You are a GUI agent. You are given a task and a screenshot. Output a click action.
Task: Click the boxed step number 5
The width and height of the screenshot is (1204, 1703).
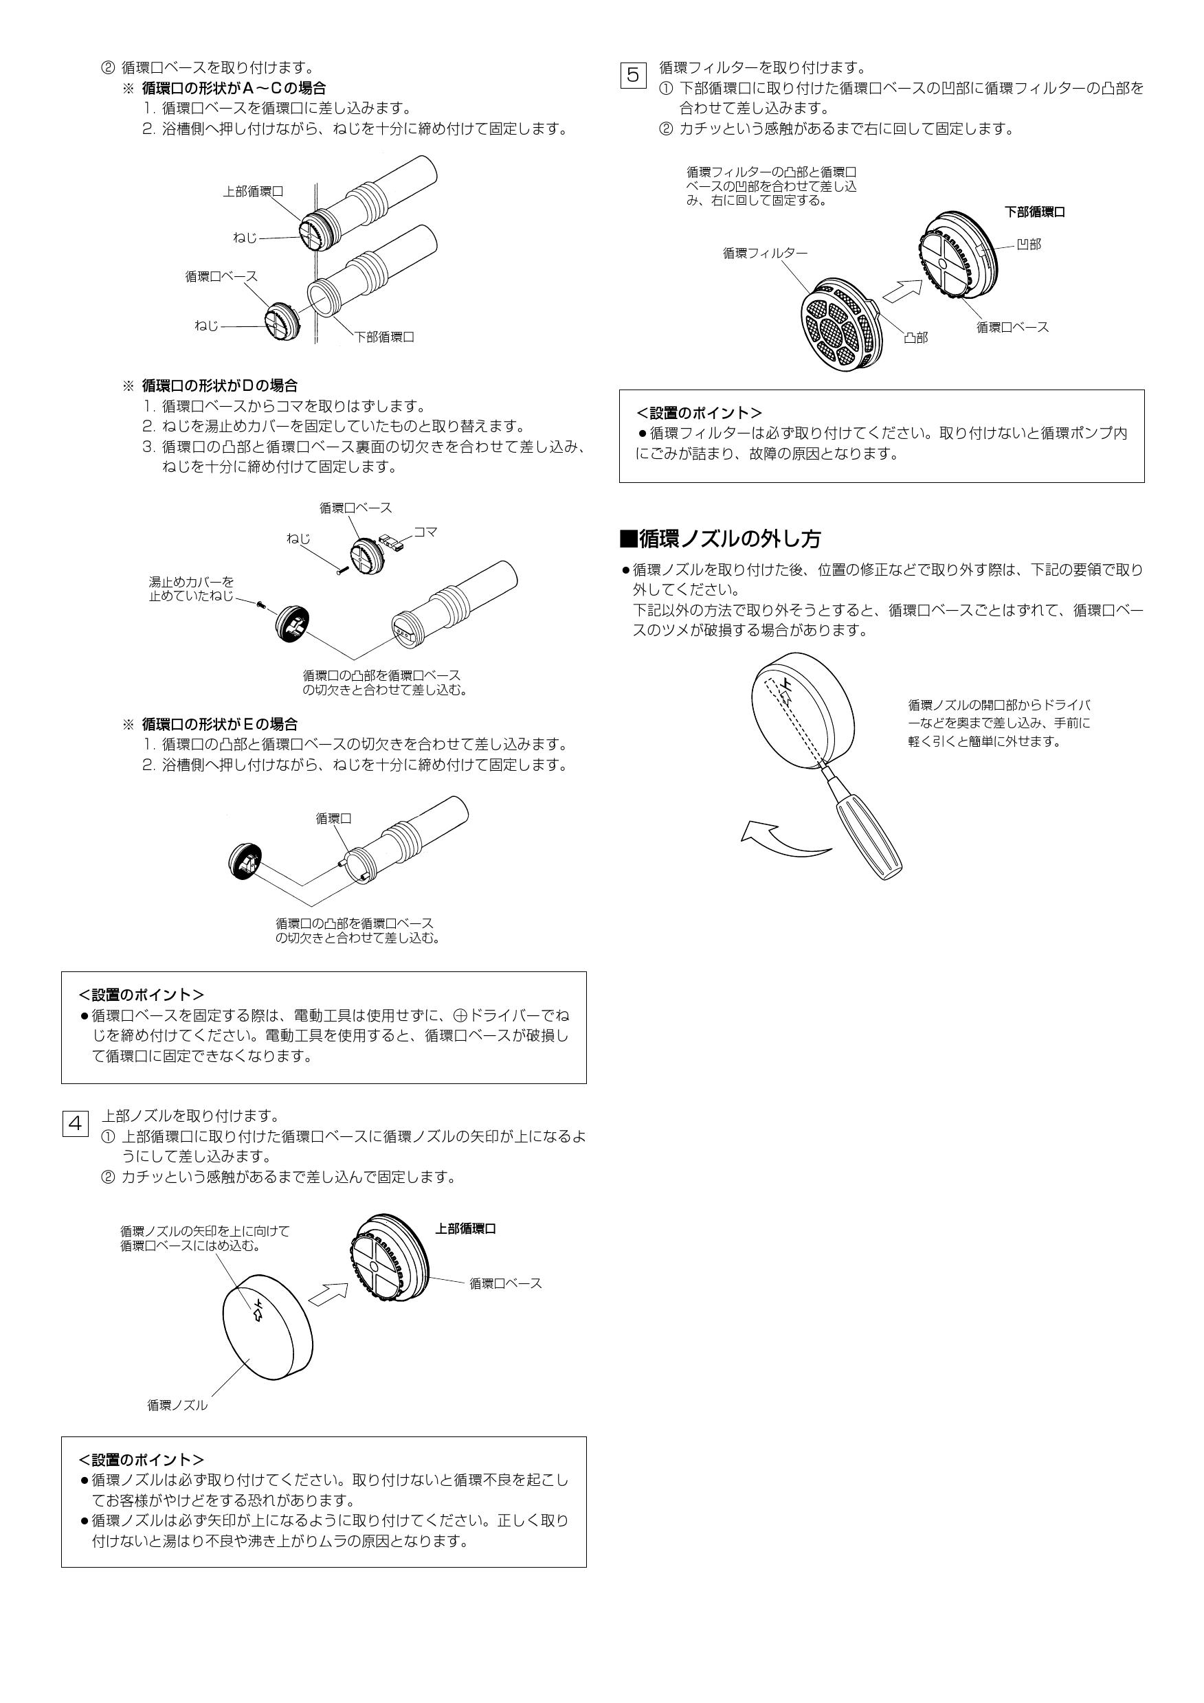point(633,74)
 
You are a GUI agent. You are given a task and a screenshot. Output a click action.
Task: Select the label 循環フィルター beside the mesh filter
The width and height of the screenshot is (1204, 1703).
point(765,253)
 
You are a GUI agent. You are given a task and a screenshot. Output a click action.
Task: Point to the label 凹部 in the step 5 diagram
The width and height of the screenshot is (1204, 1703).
point(1028,244)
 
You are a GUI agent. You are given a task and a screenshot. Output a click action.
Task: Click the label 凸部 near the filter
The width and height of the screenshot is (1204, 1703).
point(915,337)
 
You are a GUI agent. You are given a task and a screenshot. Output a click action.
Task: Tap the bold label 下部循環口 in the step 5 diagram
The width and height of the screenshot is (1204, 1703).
point(1035,212)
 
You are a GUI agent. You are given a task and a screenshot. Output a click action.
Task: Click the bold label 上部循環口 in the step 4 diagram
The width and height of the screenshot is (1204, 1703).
point(465,1229)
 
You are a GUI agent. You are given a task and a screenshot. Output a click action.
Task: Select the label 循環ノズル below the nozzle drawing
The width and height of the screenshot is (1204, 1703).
point(177,1405)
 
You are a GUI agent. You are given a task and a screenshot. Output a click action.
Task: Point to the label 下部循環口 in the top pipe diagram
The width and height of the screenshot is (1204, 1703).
point(383,337)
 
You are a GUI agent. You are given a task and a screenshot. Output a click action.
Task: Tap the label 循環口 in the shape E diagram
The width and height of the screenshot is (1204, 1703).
point(333,818)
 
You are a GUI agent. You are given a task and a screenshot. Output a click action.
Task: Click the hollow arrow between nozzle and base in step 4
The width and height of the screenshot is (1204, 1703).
point(327,1294)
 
